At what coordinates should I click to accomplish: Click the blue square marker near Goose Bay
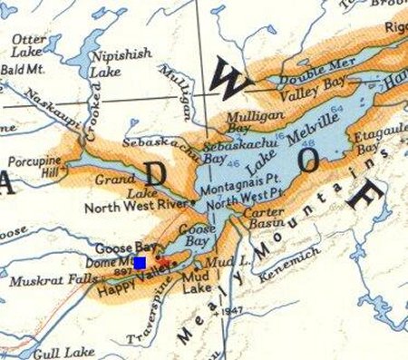point(140,262)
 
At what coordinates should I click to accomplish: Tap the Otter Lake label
point(28,46)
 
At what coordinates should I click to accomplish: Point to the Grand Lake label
point(116,187)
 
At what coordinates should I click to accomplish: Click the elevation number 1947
point(237,311)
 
